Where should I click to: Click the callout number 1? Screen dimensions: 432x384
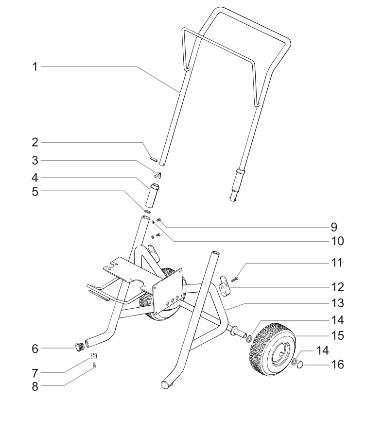(x=35, y=66)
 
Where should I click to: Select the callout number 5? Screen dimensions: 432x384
(x=35, y=191)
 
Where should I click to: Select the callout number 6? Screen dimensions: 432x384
(x=35, y=348)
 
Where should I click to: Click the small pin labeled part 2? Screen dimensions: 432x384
(x=152, y=158)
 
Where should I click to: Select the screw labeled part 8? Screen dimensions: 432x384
(x=95, y=366)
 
